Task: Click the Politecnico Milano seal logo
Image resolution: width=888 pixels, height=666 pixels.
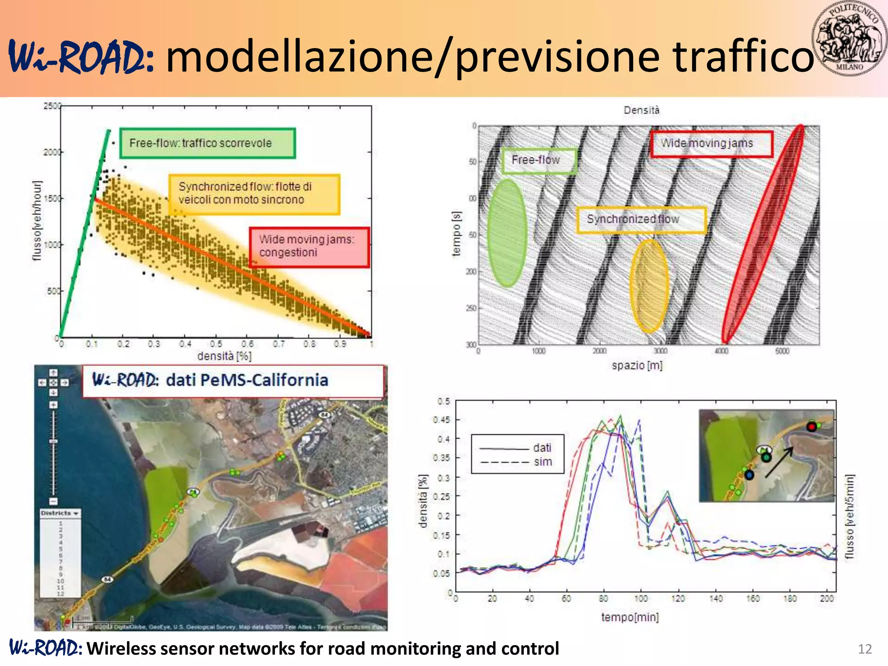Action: click(849, 39)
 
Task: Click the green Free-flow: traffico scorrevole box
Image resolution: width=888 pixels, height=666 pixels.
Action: click(207, 143)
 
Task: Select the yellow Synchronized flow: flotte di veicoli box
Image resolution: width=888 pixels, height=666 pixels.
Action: click(254, 194)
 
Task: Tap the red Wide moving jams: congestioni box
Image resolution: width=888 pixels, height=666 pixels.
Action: click(309, 247)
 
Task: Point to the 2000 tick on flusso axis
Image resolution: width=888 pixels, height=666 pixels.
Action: click(52, 152)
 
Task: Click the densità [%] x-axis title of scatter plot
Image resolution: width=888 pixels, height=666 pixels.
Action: click(224, 356)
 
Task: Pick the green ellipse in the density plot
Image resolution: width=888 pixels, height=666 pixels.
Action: click(507, 233)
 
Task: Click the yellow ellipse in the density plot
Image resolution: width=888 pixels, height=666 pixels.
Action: click(649, 286)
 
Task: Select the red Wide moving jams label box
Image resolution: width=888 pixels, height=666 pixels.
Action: click(711, 144)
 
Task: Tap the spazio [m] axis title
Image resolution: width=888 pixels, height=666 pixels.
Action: click(637, 366)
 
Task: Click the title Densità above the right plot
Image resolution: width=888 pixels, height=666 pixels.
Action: click(641, 110)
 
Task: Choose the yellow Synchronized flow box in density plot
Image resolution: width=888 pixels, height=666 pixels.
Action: click(641, 219)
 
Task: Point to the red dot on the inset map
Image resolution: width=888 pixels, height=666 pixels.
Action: click(811, 427)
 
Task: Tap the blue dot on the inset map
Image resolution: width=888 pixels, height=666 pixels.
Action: click(749, 475)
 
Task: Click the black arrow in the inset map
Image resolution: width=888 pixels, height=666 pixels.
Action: click(779, 462)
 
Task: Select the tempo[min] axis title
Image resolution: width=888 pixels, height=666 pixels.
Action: click(630, 617)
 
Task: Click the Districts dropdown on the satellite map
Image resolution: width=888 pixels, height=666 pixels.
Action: click(60, 513)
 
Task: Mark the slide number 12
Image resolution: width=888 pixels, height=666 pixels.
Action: click(865, 649)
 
